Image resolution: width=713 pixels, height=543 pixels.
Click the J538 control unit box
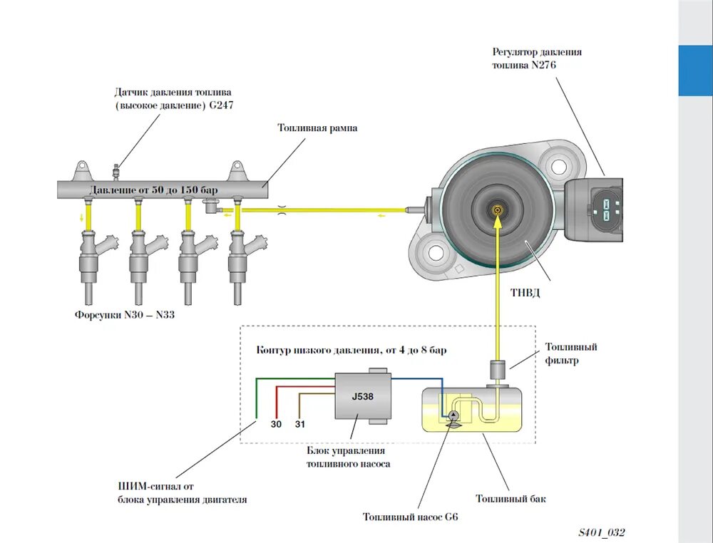(x=362, y=398)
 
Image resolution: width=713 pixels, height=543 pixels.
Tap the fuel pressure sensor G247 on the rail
(x=116, y=171)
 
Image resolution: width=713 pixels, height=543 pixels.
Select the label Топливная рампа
(x=317, y=128)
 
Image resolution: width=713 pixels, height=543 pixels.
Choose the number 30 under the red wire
(x=276, y=424)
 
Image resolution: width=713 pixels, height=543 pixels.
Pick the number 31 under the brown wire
(x=299, y=424)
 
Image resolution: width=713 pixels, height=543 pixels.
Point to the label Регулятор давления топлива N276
(x=536, y=58)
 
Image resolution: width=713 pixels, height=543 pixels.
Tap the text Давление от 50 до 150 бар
(x=153, y=190)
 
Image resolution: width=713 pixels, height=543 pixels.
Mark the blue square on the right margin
(x=695, y=71)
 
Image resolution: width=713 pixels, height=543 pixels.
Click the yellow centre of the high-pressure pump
(x=497, y=210)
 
